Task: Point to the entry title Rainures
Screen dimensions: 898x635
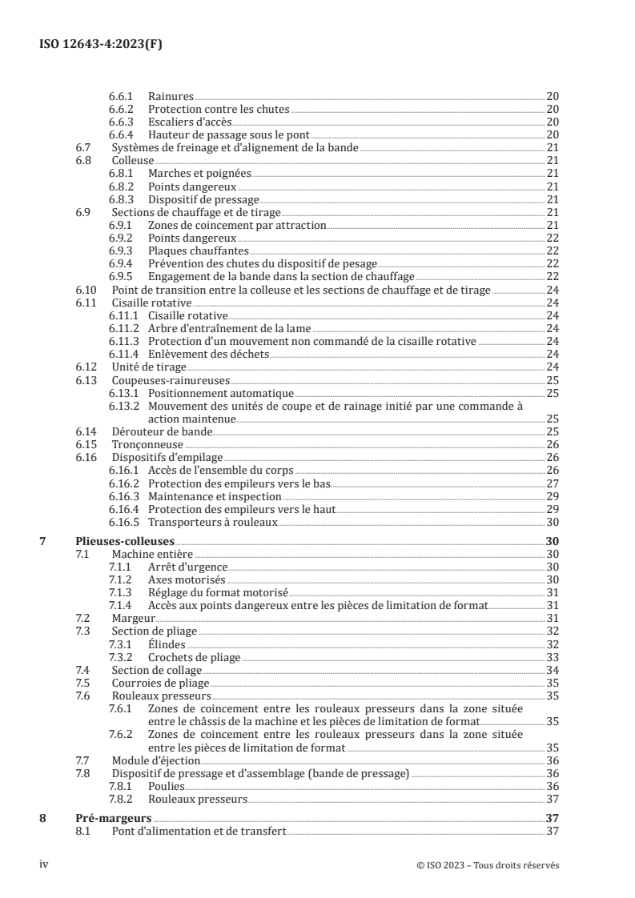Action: pos(171,96)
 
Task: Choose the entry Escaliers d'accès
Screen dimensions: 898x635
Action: pos(190,122)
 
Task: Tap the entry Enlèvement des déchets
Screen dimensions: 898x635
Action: pos(208,354)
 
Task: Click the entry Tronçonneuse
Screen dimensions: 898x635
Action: pos(147,444)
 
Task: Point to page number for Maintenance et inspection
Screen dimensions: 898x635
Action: pos(552,496)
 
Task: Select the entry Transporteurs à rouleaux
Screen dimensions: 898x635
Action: pos(212,522)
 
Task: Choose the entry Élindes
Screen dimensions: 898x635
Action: pos(167,644)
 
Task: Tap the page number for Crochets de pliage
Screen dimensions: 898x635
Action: pos(552,657)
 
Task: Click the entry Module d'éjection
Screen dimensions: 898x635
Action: pos(155,760)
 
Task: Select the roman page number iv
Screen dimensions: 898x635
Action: pos(45,864)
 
